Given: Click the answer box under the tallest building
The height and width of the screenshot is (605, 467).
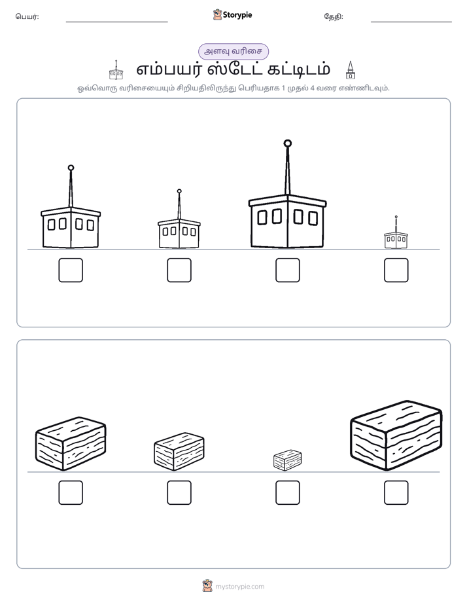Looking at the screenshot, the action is point(287,270).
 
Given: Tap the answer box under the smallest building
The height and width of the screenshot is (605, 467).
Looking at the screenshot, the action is point(396,270).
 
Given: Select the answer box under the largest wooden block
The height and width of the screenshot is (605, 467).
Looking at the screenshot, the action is point(396,492).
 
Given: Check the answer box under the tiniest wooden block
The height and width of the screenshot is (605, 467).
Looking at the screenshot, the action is point(287,492).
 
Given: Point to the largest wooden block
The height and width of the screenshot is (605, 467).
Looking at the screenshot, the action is point(396,435).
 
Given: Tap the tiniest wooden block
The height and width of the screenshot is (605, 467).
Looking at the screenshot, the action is point(287,460).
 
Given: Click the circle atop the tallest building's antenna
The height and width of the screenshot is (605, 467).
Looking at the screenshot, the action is point(287,143).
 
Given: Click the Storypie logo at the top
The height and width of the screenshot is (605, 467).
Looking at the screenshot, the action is point(232,15).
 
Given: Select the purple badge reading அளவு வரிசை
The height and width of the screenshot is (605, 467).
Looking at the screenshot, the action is point(233,51).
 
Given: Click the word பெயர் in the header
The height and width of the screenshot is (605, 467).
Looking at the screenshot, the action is point(26,16).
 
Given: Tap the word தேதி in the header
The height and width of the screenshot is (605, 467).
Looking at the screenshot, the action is point(333,16).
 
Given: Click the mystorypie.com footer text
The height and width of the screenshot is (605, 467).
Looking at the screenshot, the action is point(239,587).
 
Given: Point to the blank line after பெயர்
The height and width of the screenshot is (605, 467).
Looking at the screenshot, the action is point(116,22).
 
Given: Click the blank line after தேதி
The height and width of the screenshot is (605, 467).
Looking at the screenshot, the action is point(411,22).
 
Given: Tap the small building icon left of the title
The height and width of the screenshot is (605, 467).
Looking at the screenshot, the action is point(116,70).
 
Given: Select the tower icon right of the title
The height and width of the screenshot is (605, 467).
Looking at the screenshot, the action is point(351,70).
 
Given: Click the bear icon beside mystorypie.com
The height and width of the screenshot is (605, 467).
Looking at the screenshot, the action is point(207,586).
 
